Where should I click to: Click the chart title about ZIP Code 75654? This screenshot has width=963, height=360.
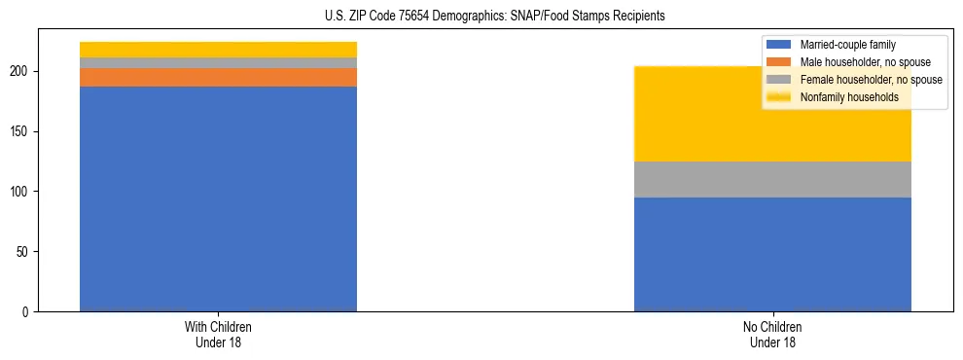point(481,17)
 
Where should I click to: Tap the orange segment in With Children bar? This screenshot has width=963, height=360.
point(218,77)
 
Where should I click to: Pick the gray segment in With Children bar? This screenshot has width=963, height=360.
point(218,63)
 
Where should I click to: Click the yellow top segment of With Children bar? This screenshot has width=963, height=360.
point(218,50)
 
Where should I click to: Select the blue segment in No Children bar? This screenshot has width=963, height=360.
point(772,254)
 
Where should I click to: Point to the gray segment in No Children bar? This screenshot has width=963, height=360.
point(772,179)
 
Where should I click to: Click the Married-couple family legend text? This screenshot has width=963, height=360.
point(847,45)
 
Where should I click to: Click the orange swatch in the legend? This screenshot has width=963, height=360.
point(779,62)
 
